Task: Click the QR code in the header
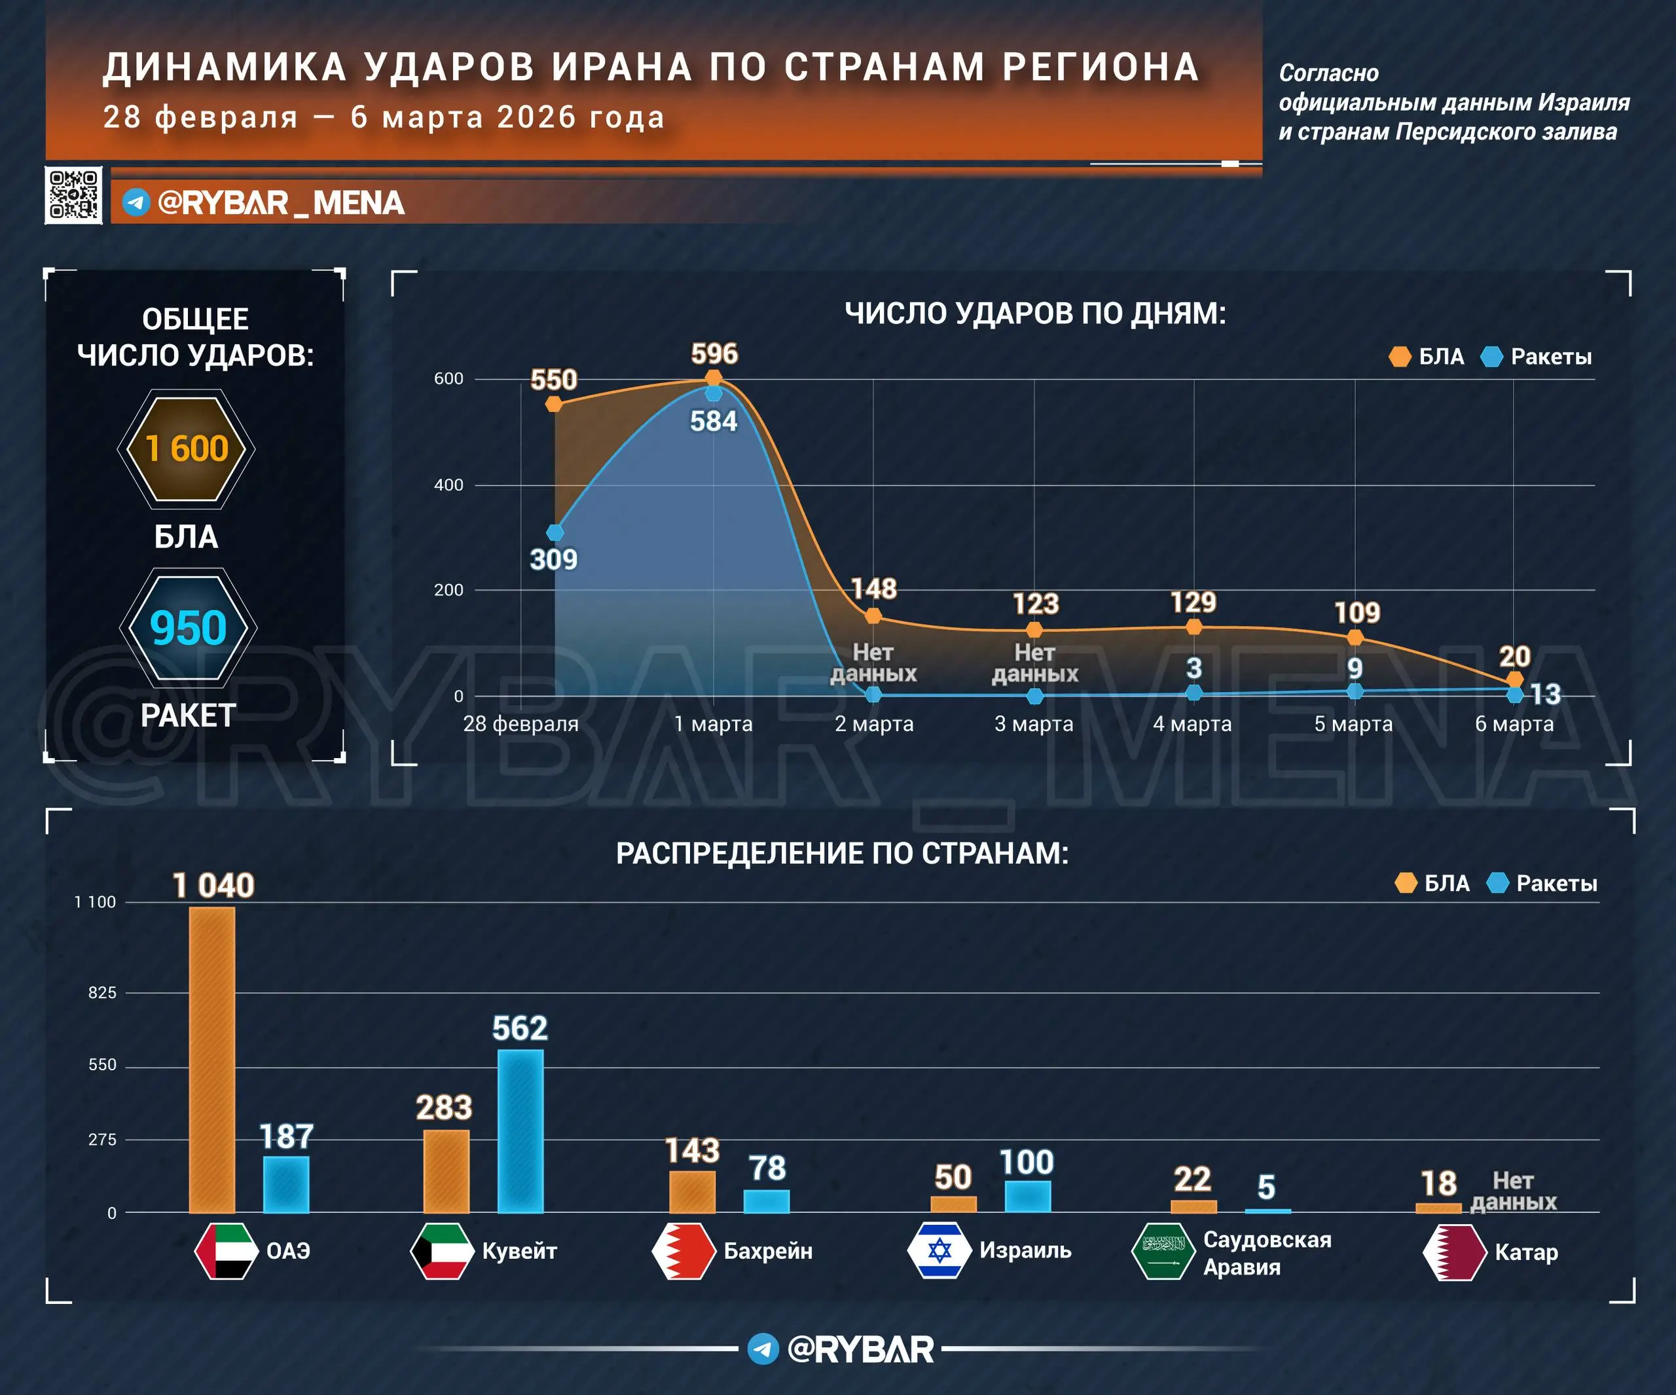click(73, 194)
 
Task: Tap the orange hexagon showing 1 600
click(186, 449)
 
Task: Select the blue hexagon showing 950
click(189, 628)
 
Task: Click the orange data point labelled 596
click(714, 378)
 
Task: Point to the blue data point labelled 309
click(555, 532)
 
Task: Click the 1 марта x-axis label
click(713, 724)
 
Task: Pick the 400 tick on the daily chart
click(448, 484)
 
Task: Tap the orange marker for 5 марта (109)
click(1355, 638)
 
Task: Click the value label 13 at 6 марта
click(1545, 695)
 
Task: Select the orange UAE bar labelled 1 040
click(212, 1059)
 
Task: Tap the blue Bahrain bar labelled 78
click(766, 1201)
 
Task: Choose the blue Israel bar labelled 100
click(1027, 1195)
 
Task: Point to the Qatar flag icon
click(1454, 1252)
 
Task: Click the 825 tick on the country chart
click(102, 993)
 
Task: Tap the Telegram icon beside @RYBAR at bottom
click(763, 1349)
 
